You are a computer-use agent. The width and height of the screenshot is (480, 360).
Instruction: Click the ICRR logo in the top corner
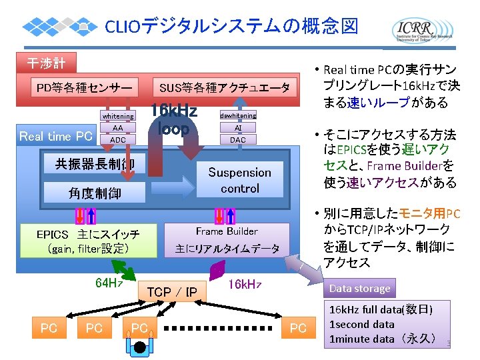pyautogui.click(x=423, y=29)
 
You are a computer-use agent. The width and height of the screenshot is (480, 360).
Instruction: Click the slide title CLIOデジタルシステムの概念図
pyautogui.click(x=232, y=27)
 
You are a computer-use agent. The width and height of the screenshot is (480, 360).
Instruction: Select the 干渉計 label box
pyautogui.click(x=46, y=63)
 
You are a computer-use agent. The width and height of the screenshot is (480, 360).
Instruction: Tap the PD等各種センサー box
pyautogui.click(x=86, y=87)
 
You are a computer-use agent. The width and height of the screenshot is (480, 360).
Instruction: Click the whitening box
pyautogui.click(x=117, y=116)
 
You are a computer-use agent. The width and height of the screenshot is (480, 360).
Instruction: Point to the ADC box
pyautogui.click(x=117, y=140)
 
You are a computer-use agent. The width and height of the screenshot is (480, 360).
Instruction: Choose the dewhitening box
pyautogui.click(x=237, y=116)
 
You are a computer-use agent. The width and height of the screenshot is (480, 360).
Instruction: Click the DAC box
pyautogui.click(x=237, y=140)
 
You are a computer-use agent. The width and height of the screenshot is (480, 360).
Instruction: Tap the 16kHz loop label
pyautogui.click(x=173, y=119)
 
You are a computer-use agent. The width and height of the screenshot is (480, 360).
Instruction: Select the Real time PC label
pyautogui.click(x=56, y=136)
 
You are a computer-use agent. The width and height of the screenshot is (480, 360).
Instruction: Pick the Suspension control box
pyautogui.click(x=239, y=180)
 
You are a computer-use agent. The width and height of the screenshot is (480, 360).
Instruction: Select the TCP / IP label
pyautogui.click(x=171, y=292)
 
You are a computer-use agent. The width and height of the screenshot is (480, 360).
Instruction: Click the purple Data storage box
pyautogui.click(x=359, y=288)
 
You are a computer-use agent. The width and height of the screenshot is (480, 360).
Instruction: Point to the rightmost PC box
pyautogui.click(x=298, y=327)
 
